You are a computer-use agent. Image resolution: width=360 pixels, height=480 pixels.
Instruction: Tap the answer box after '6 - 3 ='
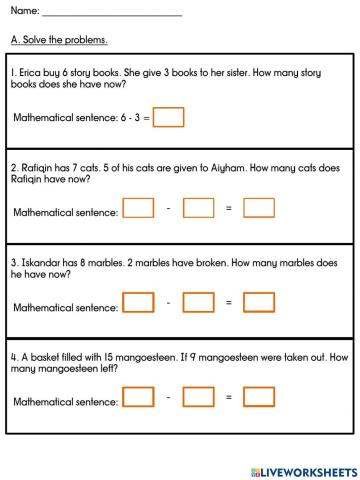click(x=170, y=118)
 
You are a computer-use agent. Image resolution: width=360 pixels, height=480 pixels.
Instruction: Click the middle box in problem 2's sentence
click(x=199, y=209)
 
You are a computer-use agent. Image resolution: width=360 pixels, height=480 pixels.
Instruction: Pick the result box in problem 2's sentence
click(x=259, y=209)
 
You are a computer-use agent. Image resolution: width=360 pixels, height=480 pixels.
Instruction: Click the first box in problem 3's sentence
click(x=138, y=302)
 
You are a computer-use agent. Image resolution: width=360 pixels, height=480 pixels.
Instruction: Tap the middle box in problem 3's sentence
click(x=199, y=302)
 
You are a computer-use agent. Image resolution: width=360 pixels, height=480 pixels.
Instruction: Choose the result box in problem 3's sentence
click(x=259, y=302)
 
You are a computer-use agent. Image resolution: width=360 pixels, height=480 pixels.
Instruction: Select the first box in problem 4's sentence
click(x=138, y=397)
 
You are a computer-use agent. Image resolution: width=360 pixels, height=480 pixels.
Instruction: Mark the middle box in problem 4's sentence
click(x=199, y=397)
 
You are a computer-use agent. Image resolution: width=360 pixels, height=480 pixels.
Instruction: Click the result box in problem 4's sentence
click(x=259, y=397)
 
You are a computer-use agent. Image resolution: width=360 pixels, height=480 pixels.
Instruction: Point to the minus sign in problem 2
click(x=169, y=209)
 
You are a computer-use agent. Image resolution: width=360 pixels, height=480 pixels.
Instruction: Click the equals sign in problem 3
click(x=229, y=302)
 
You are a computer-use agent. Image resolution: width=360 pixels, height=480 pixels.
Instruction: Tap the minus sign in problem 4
click(x=169, y=397)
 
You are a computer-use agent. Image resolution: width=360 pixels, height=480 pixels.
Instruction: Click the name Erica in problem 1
click(x=29, y=73)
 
